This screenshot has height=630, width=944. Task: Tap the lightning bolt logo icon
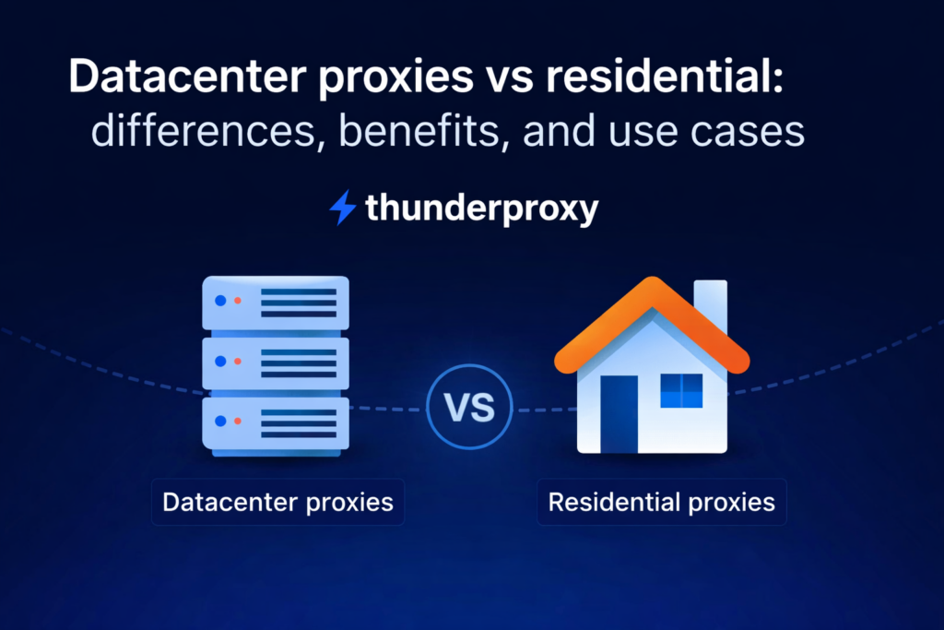coord(342,208)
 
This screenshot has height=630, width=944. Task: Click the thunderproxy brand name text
coord(481,208)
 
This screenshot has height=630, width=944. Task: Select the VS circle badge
coord(469,408)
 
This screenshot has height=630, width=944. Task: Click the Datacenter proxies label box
coord(277,503)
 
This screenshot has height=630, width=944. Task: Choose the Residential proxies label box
coord(661,503)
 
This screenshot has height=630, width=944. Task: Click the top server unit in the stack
coord(276,303)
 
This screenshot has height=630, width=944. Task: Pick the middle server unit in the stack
coord(276,362)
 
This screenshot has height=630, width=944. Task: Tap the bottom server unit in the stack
coord(276,422)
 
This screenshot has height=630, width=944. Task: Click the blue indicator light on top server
coord(219,301)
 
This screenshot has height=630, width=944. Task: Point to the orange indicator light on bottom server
coord(237,422)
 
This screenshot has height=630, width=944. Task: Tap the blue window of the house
coord(681,390)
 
